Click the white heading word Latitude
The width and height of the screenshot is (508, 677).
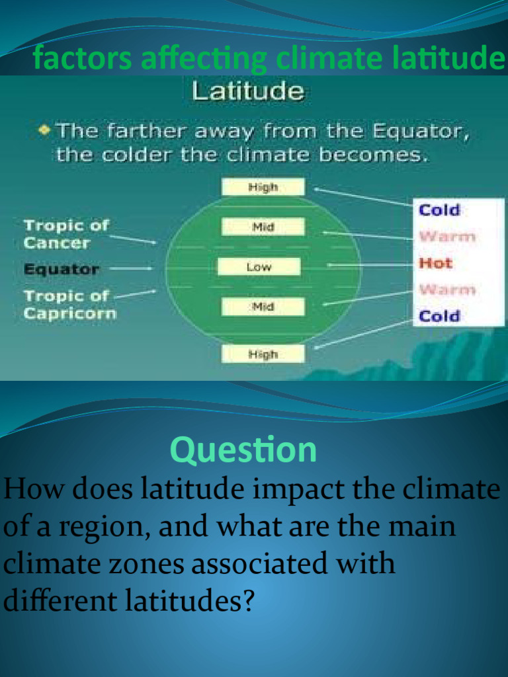[248, 91]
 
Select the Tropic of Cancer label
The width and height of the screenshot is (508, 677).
[65, 234]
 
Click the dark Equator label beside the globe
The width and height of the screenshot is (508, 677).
[62, 269]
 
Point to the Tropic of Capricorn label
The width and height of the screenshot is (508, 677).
[69, 304]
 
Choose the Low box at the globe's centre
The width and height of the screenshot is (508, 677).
[259, 267]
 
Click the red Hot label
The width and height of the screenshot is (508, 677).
[435, 263]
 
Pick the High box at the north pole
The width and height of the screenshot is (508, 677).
[263, 187]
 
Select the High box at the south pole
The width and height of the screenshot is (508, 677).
[263, 354]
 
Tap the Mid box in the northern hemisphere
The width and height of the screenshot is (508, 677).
[263, 227]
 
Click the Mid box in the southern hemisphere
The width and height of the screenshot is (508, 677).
[263, 307]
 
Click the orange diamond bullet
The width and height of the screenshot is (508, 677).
[44, 130]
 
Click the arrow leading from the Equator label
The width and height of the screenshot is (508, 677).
[130, 268]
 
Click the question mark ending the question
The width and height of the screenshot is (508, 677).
[247, 602]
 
